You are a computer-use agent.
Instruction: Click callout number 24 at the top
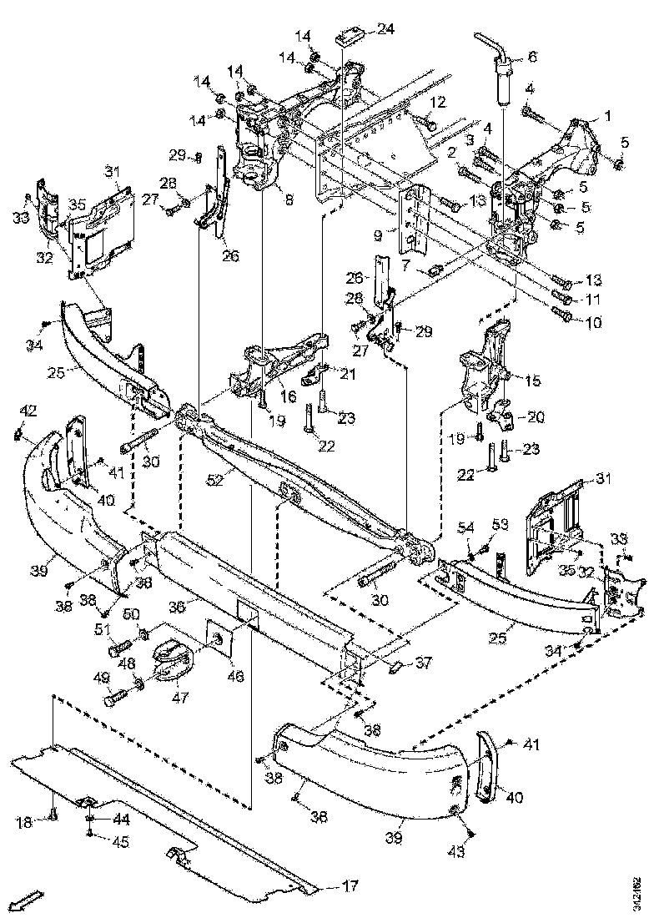coord(385,29)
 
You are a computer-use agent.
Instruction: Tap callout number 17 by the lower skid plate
coord(342,885)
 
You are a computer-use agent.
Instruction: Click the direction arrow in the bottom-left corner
coord(27,900)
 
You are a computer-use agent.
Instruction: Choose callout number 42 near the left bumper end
coord(28,410)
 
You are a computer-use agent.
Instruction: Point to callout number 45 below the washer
coord(121,842)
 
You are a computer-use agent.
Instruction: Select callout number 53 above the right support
coord(500,524)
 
